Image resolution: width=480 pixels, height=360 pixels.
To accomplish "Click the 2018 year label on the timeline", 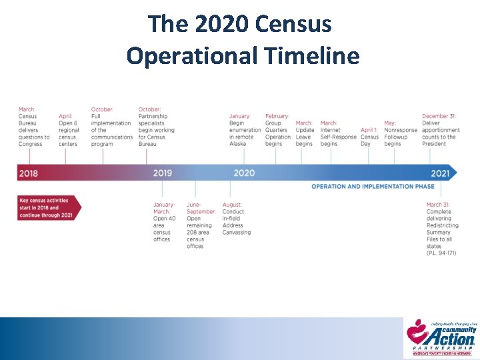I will pyautogui.click(x=29, y=173).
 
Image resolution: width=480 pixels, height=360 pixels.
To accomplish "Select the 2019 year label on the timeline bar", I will pyautogui.click(x=162, y=173).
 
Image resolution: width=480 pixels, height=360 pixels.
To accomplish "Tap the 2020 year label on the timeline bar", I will pyautogui.click(x=244, y=173).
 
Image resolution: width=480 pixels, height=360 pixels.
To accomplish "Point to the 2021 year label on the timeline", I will pyautogui.click(x=440, y=173).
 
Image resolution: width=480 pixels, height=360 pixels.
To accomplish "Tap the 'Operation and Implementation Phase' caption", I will pyautogui.click(x=373, y=187).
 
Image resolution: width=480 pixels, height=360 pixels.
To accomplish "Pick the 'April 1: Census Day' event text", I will pyautogui.click(x=369, y=137).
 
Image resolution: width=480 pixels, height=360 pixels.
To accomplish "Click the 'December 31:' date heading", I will pyautogui.click(x=439, y=116).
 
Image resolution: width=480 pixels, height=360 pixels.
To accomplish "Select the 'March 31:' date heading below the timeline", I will pyautogui.click(x=438, y=205).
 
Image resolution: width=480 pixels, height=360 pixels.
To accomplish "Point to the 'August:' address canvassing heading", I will pyautogui.click(x=232, y=205).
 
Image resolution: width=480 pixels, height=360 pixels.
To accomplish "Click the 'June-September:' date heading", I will pyautogui.click(x=201, y=208).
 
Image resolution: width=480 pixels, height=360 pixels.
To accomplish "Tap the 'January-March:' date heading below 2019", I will pyautogui.click(x=164, y=208).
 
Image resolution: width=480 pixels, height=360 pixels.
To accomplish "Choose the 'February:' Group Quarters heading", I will pyautogui.click(x=277, y=116).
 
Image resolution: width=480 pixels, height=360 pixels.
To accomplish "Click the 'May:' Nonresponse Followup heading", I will pyautogui.click(x=389, y=123).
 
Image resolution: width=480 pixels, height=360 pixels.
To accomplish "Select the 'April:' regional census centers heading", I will pyautogui.click(x=65, y=116).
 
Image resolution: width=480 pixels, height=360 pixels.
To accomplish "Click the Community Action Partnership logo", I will pyautogui.click(x=441, y=338).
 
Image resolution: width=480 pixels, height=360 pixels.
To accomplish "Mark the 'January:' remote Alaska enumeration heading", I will pyautogui.click(x=240, y=116).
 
